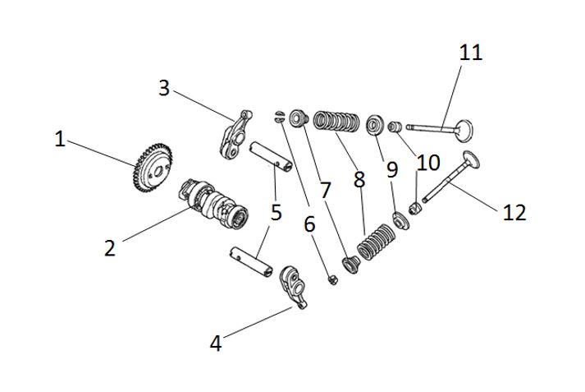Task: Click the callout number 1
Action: (x=60, y=139)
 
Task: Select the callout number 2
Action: (x=111, y=247)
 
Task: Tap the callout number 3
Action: (x=164, y=88)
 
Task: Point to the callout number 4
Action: (x=216, y=344)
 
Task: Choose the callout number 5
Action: (x=276, y=212)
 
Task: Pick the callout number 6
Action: (x=308, y=223)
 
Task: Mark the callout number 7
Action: (x=325, y=191)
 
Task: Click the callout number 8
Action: (x=359, y=179)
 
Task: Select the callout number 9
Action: (x=392, y=170)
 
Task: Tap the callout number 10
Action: (x=428, y=163)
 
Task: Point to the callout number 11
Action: (x=471, y=53)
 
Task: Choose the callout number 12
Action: (x=514, y=213)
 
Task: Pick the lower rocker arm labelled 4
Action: (x=295, y=285)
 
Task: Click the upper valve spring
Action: (x=336, y=123)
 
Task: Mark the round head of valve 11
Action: (x=463, y=129)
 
